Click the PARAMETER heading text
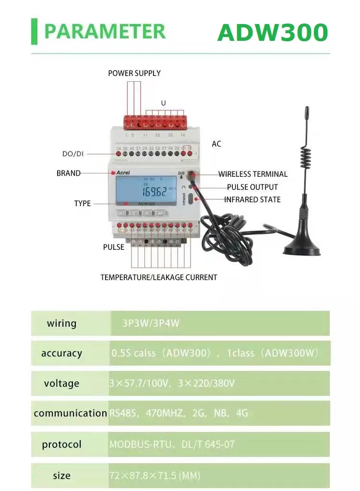coord(105,31)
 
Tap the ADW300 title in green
coord(272,32)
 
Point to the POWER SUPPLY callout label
coord(134,74)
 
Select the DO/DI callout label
coord(73,154)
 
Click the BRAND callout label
coord(69,173)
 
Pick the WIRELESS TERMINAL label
coord(253,174)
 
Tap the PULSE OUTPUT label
coord(252,187)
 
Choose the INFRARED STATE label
coord(252,199)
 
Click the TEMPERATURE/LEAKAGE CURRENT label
coord(159,277)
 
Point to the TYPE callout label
coord(83,203)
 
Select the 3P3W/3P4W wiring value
coord(151,323)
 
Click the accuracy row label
coord(61,353)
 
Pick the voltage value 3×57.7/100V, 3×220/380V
coord(172,383)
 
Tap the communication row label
coord(70,413)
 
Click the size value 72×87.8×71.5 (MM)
coord(155,476)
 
